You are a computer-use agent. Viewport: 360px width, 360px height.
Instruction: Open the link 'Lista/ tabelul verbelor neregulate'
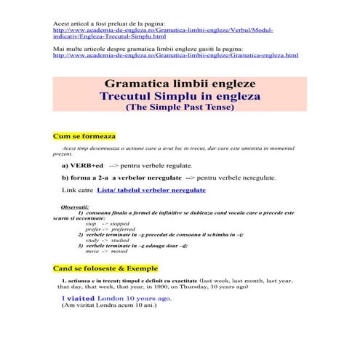pyautogui.click(x=151, y=190)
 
